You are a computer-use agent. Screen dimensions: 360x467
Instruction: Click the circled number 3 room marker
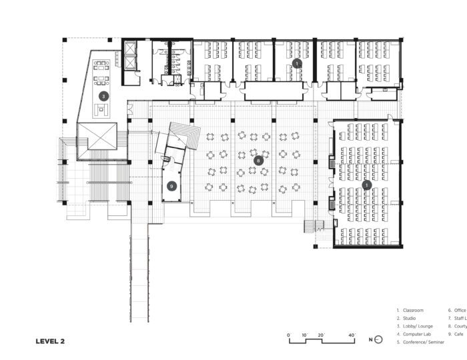(x=103, y=96)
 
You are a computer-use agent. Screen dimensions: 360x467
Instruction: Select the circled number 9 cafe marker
(x=172, y=186)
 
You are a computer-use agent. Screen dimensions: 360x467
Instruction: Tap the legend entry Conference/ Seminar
(x=420, y=343)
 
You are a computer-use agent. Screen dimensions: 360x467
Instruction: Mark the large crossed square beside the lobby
(x=97, y=141)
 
